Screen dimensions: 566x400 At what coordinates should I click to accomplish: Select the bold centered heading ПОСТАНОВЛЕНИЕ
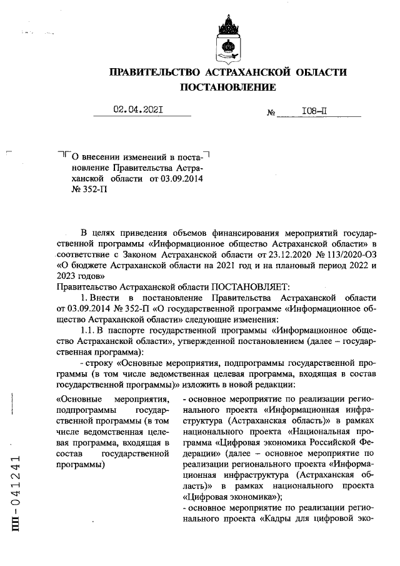tap(227, 88)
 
